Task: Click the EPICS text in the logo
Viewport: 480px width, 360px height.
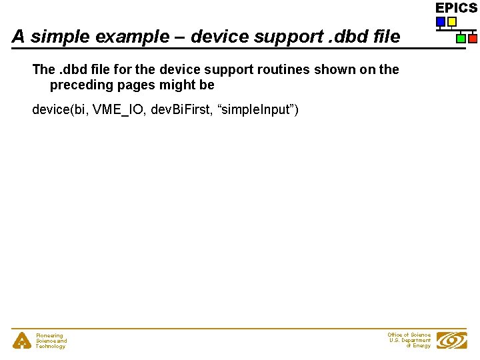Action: (456, 8)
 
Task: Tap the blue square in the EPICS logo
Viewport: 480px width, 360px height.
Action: (441, 21)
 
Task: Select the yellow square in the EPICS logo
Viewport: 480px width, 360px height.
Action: (452, 21)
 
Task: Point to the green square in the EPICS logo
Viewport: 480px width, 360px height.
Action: (461, 39)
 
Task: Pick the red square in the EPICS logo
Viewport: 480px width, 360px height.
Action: (472, 39)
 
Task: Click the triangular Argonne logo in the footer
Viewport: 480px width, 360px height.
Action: (22, 341)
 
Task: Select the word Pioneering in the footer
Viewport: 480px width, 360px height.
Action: (49, 336)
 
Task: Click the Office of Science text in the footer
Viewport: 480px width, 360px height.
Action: (409, 335)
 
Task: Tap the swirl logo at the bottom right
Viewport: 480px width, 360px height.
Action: (451, 341)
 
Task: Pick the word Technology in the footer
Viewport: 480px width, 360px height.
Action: (51, 347)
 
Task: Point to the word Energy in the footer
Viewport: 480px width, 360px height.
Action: (421, 346)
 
